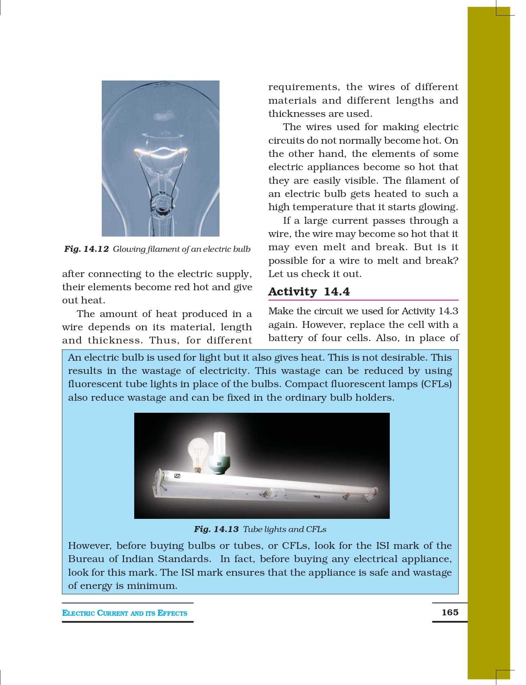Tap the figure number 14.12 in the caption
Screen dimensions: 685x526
pos(96,249)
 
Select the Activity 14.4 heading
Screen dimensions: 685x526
pos(309,291)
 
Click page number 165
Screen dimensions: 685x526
pos(450,612)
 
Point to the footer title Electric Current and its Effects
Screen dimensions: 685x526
pos(125,613)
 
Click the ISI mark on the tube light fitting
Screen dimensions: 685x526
pos(177,476)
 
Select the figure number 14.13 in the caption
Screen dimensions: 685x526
pos(226,529)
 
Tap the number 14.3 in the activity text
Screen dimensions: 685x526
pos(448,311)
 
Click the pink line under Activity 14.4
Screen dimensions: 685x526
pos(363,300)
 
